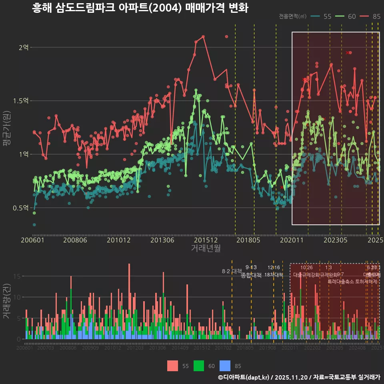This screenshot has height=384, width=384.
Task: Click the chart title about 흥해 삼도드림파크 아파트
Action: (140, 8)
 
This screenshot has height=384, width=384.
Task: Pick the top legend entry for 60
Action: (346, 16)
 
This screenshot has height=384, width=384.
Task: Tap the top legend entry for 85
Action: (370, 16)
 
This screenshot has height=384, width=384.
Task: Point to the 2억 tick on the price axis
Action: (24, 47)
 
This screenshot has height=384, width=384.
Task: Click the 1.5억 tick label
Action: (21, 101)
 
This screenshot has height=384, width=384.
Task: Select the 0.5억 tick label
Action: (21, 208)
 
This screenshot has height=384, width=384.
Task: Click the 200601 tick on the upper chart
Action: (32, 240)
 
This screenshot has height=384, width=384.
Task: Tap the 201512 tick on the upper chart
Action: (206, 240)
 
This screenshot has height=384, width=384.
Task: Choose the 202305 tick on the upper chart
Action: (335, 240)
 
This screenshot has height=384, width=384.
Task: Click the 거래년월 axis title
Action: (206, 248)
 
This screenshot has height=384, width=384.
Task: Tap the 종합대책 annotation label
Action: (251, 275)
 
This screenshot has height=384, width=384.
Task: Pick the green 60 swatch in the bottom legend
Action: (199, 366)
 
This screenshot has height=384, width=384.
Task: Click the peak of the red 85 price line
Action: (203, 36)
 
